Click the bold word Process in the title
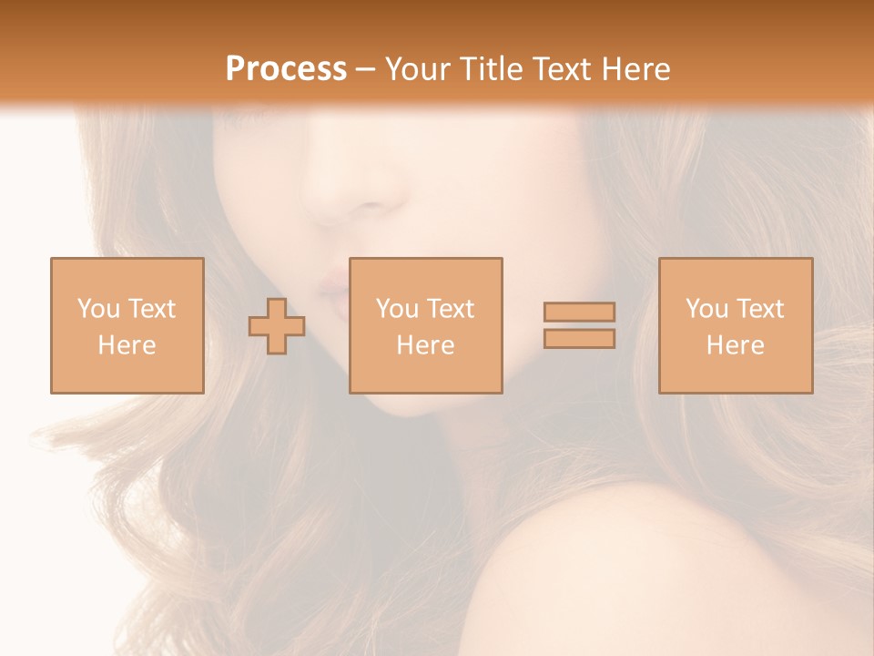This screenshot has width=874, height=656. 286,69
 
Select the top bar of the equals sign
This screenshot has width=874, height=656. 579,313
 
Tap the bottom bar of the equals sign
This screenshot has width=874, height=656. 579,339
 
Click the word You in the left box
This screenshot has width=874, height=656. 98,309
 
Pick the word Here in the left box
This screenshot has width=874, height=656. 127,345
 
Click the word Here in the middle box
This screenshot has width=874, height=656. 425,345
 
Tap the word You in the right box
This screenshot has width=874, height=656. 706,309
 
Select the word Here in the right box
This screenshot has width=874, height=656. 735,345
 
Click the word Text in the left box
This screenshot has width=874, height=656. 151,309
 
